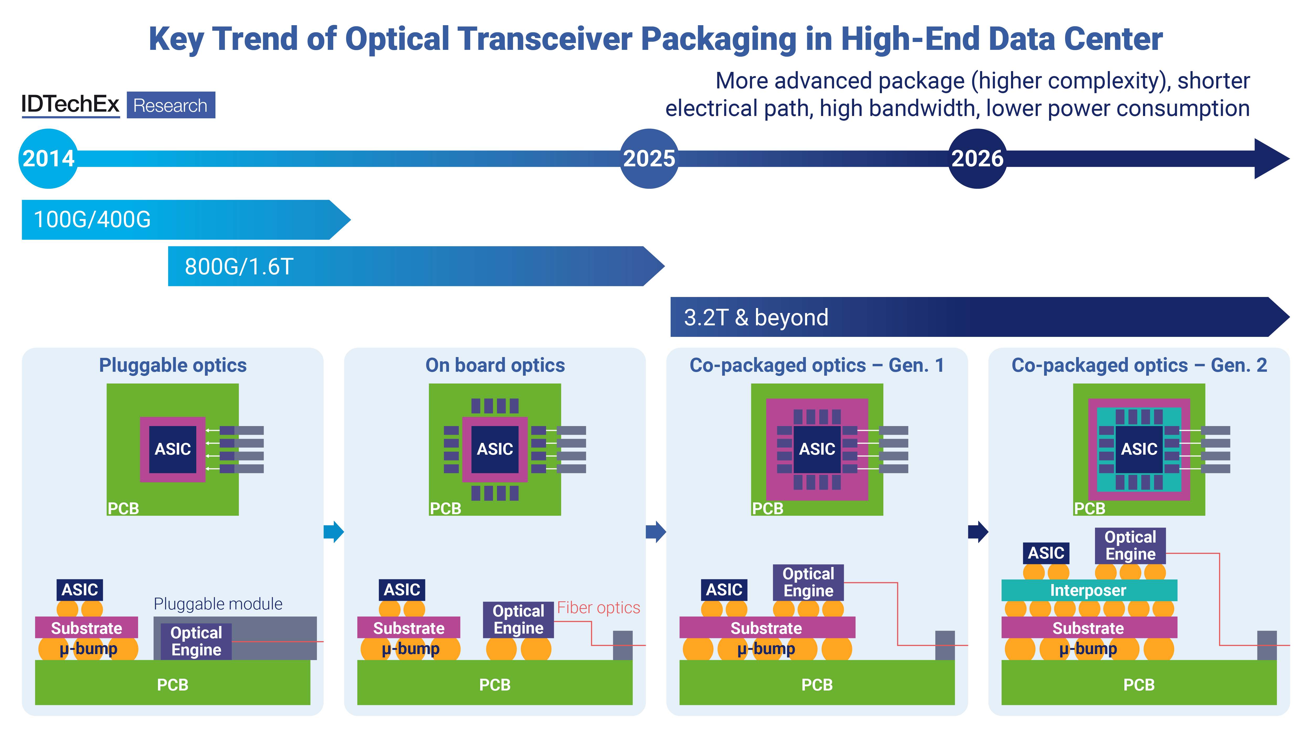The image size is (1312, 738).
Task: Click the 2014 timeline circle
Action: pyautogui.click(x=48, y=158)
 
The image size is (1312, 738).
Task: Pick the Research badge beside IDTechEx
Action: pyautogui.click(x=171, y=105)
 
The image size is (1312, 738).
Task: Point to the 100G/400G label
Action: pyautogui.click(x=92, y=220)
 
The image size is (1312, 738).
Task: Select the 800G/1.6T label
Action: pyautogui.click(x=239, y=266)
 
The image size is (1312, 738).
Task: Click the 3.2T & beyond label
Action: pyautogui.click(x=756, y=317)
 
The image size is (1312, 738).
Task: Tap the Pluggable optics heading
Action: pyautogui.click(x=173, y=365)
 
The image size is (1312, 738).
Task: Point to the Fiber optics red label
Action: pyautogui.click(x=599, y=608)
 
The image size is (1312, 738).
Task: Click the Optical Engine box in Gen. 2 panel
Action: pyautogui.click(x=1130, y=545)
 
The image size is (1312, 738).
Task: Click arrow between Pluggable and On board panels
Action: pyautogui.click(x=334, y=532)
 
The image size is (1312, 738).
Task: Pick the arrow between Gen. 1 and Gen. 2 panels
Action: pyautogui.click(x=978, y=532)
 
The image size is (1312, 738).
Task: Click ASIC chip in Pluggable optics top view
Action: pyautogui.click(x=173, y=449)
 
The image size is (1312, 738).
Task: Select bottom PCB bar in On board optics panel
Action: pyautogui.click(x=495, y=684)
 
